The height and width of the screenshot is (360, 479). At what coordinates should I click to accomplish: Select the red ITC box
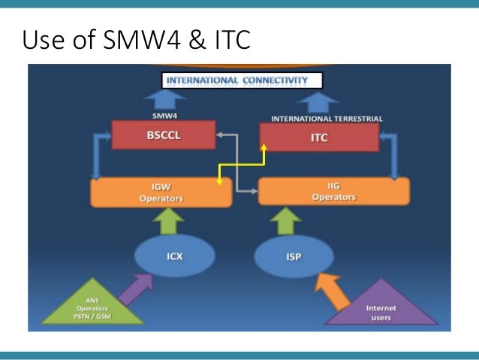[x=318, y=138]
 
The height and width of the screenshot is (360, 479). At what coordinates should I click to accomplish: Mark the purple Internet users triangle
[x=381, y=309]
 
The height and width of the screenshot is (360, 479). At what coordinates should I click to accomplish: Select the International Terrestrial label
[x=327, y=118]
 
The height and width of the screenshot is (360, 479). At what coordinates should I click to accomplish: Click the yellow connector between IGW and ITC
[x=240, y=164]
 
